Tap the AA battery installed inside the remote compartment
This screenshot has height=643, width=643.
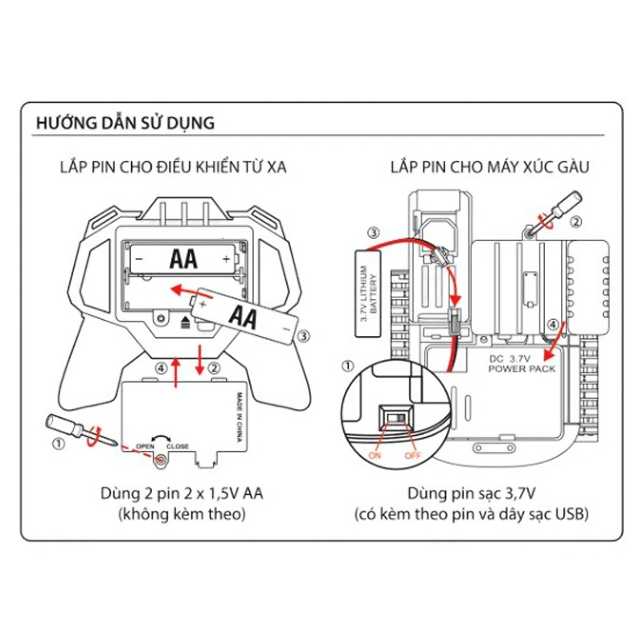pos(182,259)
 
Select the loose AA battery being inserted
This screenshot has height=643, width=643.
pos(244,317)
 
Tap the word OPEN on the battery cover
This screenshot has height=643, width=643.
pos(145,446)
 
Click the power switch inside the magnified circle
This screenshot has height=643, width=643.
pos(395,416)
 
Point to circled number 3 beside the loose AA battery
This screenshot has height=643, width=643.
pos(302,338)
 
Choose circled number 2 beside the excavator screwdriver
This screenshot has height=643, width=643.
pos(575,223)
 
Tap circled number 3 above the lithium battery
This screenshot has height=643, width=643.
pos(373,233)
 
